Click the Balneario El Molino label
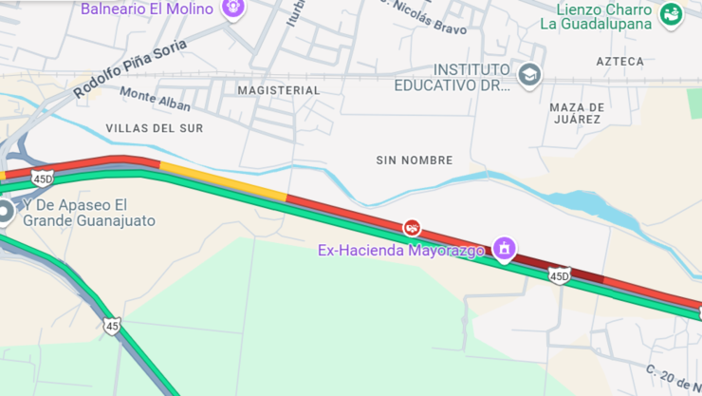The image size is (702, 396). (146, 9)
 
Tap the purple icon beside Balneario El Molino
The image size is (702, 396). (232, 8)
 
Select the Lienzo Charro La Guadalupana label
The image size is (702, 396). (597, 16)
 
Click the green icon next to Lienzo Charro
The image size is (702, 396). (671, 14)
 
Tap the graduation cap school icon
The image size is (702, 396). (529, 74)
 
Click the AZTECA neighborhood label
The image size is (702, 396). (619, 62)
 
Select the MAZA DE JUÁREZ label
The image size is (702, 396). (576, 113)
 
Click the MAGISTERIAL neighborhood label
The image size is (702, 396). (278, 90)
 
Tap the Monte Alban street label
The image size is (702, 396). (155, 99)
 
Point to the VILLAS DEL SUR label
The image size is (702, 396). (154, 127)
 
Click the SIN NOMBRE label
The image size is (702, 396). (414, 160)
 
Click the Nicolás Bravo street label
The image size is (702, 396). (424, 18)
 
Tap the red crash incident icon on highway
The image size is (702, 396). (412, 227)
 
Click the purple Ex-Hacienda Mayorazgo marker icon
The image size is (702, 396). (504, 249)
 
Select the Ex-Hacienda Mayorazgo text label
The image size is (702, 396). (400, 251)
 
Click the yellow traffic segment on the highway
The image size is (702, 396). (223, 179)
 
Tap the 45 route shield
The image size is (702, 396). (113, 326)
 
